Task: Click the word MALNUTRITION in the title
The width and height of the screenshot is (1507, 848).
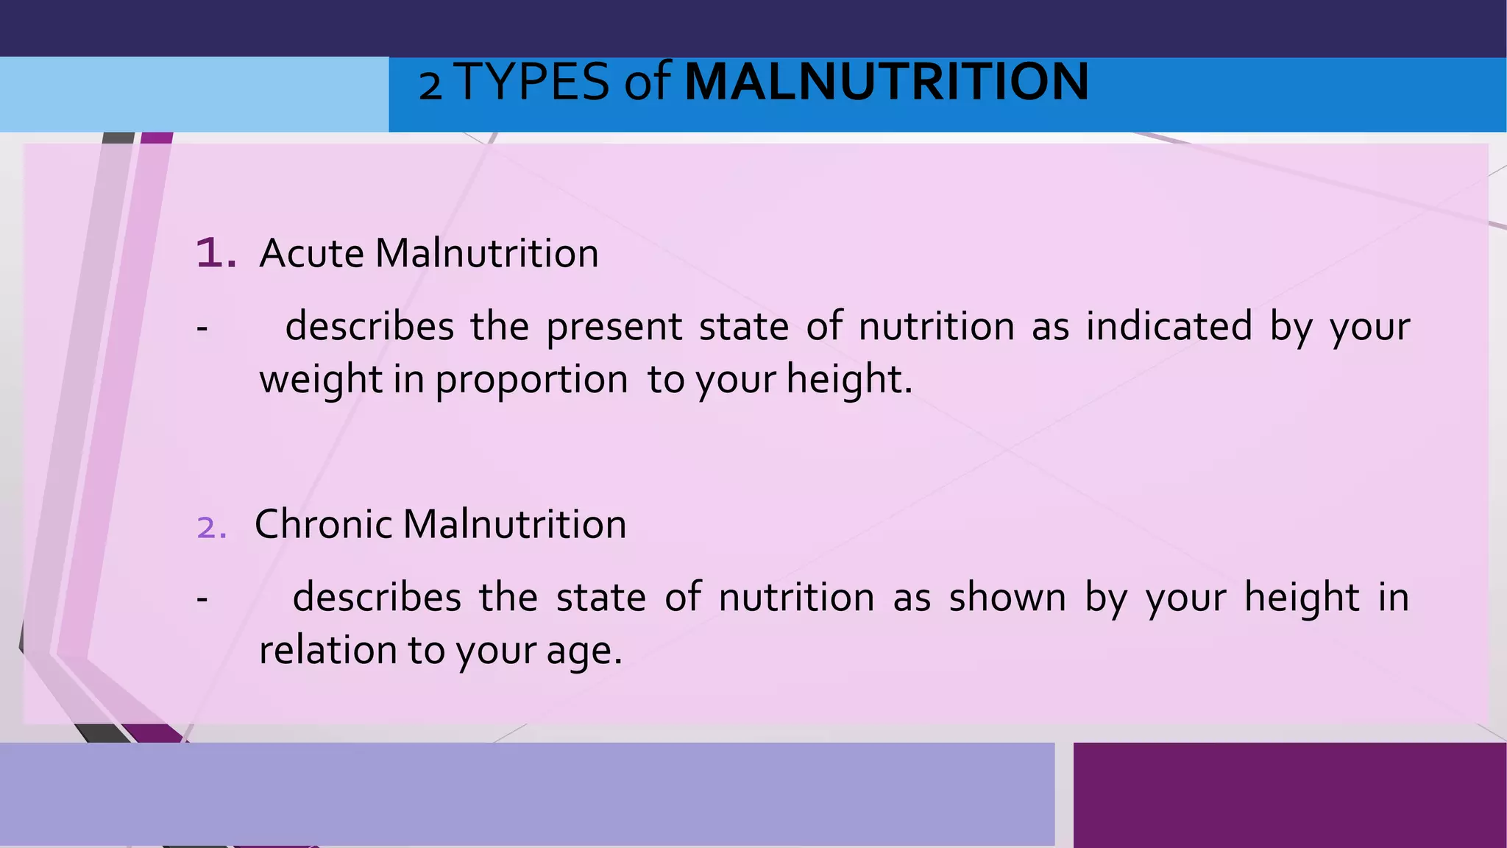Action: tap(887, 82)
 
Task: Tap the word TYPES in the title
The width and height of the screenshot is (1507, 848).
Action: tap(532, 82)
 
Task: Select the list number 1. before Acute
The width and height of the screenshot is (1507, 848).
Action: tap(216, 253)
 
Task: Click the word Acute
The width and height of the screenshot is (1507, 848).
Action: tap(312, 253)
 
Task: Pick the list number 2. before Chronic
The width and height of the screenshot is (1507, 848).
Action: tap(212, 528)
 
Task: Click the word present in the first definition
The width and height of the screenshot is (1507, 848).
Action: tap(614, 328)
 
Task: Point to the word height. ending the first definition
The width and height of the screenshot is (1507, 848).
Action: tap(849, 380)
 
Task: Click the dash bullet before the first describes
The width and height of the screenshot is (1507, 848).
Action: tap(202, 328)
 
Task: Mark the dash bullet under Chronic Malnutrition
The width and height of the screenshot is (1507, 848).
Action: tap(202, 599)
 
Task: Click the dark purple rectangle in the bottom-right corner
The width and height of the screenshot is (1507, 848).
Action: tap(1289, 795)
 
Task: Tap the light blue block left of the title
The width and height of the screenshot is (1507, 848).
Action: tap(194, 94)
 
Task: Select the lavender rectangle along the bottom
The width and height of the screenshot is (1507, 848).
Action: tap(527, 794)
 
